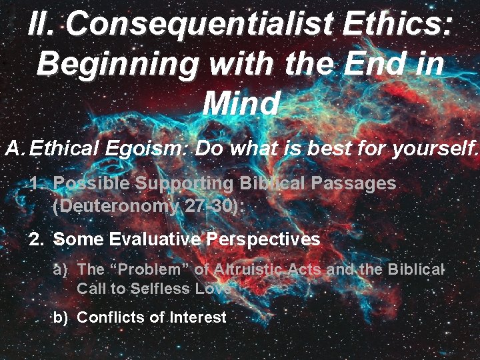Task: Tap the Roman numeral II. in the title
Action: point(43,25)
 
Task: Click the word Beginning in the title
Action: point(117,64)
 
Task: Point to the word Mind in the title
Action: point(240,103)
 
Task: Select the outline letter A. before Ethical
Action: point(15,149)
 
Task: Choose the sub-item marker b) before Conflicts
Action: point(61,317)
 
